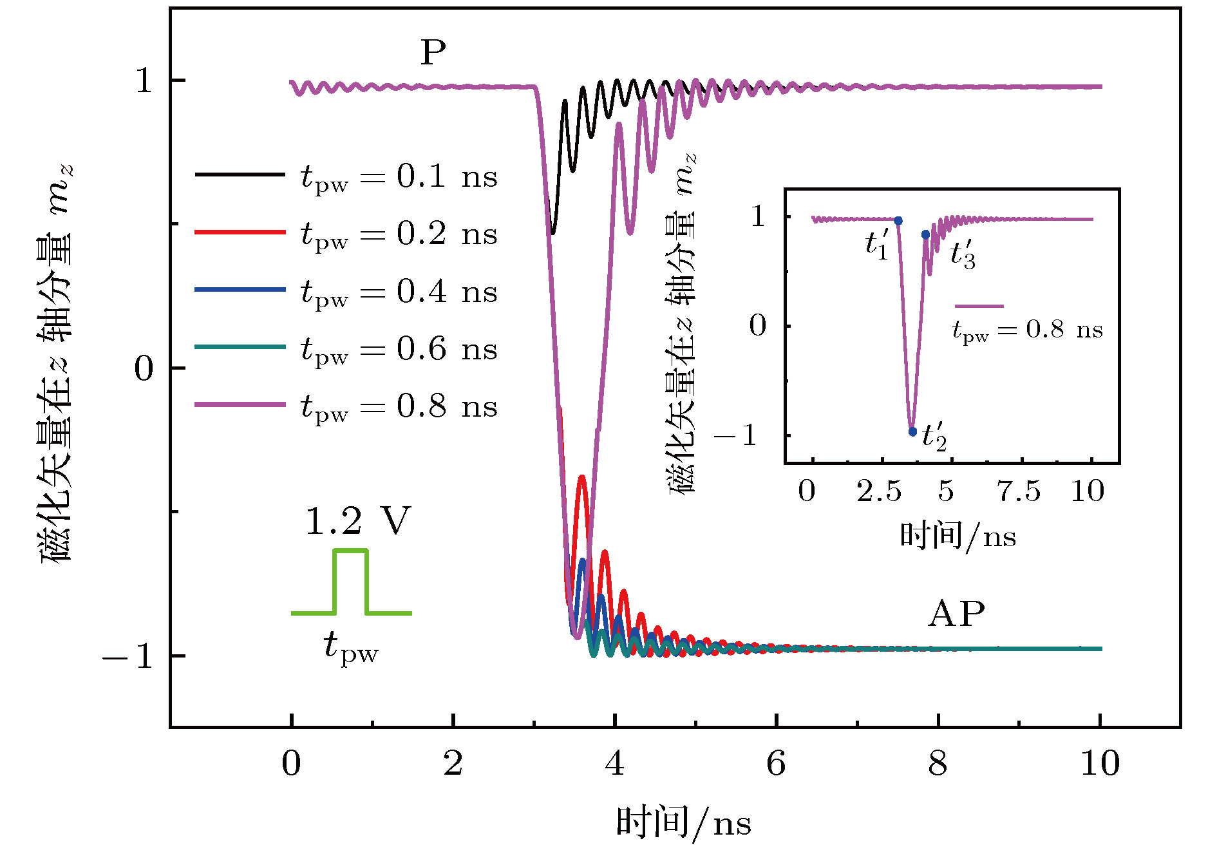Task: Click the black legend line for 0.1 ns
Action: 240,175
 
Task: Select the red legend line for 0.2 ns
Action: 240,232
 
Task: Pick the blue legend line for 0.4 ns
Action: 240,290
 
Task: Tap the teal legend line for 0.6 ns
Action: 240,347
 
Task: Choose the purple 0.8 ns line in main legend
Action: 240,404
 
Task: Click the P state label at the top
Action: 433,53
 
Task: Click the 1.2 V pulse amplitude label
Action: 358,522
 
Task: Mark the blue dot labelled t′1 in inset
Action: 898,221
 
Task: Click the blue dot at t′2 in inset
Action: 912,431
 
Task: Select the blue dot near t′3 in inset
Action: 925,235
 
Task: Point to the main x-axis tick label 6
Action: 776,764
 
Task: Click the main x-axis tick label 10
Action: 1100,764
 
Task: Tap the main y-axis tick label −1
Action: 127,656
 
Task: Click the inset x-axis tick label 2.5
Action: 878,491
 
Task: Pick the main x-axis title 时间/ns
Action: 683,822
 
